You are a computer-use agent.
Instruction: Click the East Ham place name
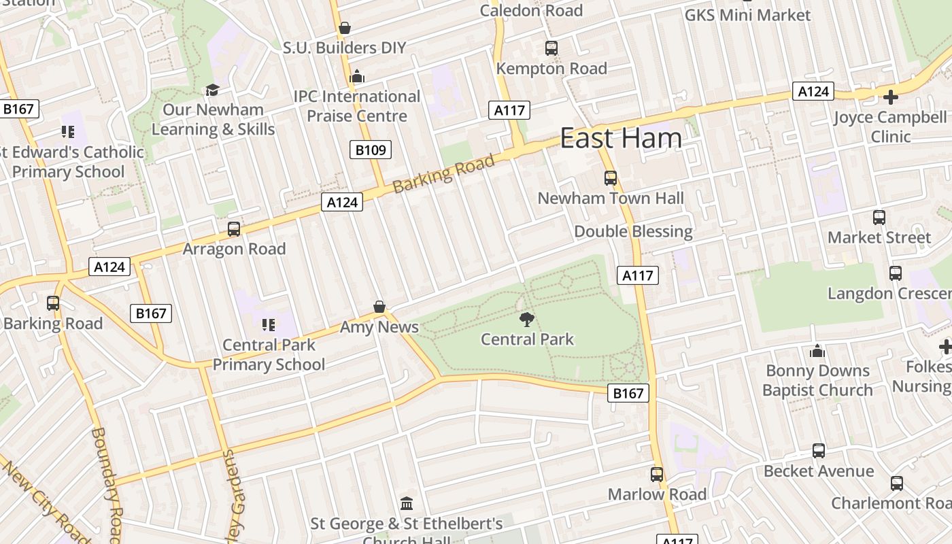click(620, 138)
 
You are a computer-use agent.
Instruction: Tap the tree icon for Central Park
click(527, 319)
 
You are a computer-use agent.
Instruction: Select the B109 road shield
click(371, 150)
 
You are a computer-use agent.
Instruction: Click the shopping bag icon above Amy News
click(379, 307)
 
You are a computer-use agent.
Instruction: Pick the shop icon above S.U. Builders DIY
click(345, 28)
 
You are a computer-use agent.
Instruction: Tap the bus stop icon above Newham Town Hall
click(611, 178)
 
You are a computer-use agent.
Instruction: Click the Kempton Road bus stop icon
click(551, 48)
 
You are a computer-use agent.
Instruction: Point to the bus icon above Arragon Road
click(234, 229)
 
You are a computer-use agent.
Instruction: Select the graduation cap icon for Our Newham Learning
click(213, 90)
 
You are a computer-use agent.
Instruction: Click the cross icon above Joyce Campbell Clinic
click(890, 97)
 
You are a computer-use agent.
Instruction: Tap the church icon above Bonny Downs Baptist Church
click(817, 351)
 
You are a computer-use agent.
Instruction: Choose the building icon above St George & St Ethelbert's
click(407, 504)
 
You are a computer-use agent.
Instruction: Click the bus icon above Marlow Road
click(657, 475)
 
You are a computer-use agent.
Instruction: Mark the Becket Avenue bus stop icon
click(819, 451)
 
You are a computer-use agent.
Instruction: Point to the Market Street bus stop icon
click(879, 218)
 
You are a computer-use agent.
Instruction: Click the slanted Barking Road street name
click(443, 174)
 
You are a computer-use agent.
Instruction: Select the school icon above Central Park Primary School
click(269, 324)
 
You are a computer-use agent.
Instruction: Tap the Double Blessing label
click(633, 231)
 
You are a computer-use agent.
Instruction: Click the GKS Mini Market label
click(747, 15)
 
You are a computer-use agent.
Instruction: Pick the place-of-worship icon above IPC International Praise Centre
click(357, 77)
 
